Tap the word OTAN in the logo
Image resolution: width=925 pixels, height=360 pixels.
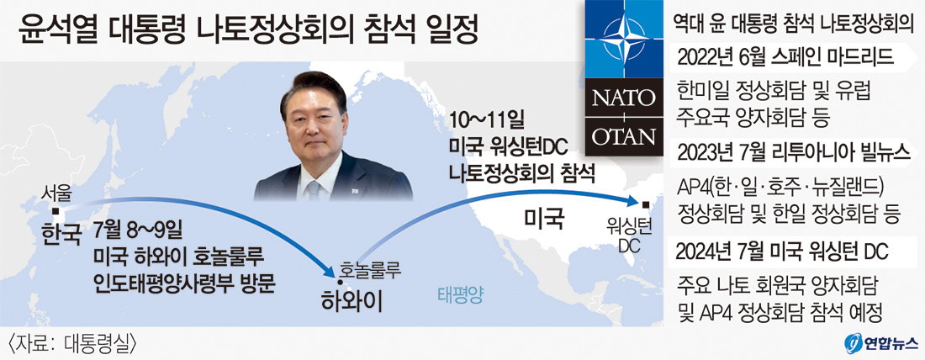tap(623, 137)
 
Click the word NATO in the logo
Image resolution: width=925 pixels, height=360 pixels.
tap(623, 96)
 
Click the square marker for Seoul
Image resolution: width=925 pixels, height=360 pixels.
tap(55, 210)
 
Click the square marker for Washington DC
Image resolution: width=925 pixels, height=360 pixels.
tap(645, 204)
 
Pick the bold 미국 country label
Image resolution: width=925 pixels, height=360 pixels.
tap(545, 220)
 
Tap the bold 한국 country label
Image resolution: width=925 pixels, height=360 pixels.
tap(61, 235)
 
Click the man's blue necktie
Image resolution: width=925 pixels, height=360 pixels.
tap(313, 189)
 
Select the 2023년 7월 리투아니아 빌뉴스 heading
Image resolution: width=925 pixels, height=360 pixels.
tap(794, 152)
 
